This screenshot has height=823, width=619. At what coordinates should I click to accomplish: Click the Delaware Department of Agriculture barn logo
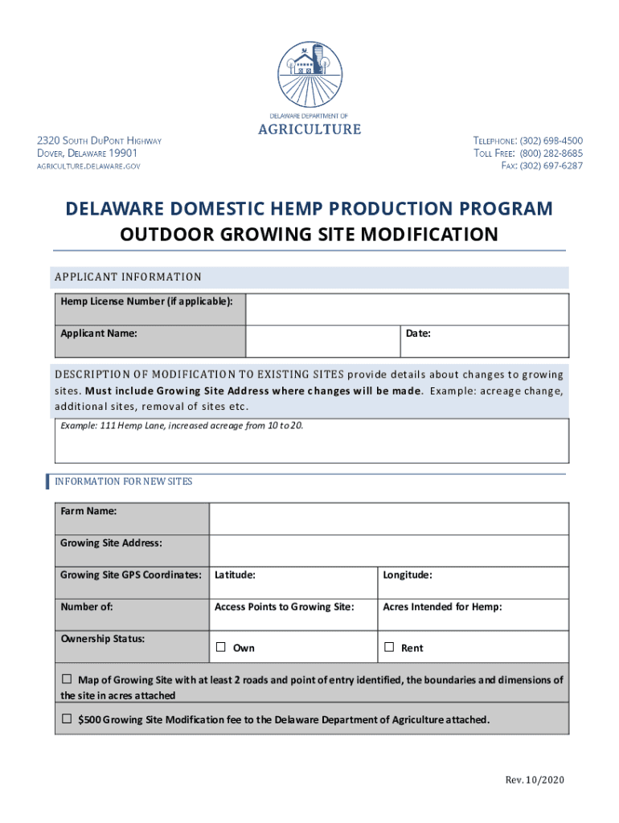point(309,72)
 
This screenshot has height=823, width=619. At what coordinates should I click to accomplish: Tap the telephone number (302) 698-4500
point(551,141)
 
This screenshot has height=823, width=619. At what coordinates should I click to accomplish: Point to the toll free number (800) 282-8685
point(551,154)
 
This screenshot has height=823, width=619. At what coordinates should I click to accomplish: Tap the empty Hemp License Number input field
point(407,309)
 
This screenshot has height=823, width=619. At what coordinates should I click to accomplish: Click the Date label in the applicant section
point(418,333)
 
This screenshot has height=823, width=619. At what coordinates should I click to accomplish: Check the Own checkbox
point(220,647)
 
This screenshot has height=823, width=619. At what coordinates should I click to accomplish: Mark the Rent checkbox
point(389,647)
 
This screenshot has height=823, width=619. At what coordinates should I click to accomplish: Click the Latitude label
point(235,575)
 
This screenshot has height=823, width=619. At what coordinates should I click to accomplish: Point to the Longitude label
point(408,575)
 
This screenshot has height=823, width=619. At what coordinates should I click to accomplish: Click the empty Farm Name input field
point(389,518)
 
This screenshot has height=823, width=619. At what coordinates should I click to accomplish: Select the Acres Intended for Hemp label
point(442,607)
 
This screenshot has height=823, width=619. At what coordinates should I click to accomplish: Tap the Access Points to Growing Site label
point(285,607)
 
